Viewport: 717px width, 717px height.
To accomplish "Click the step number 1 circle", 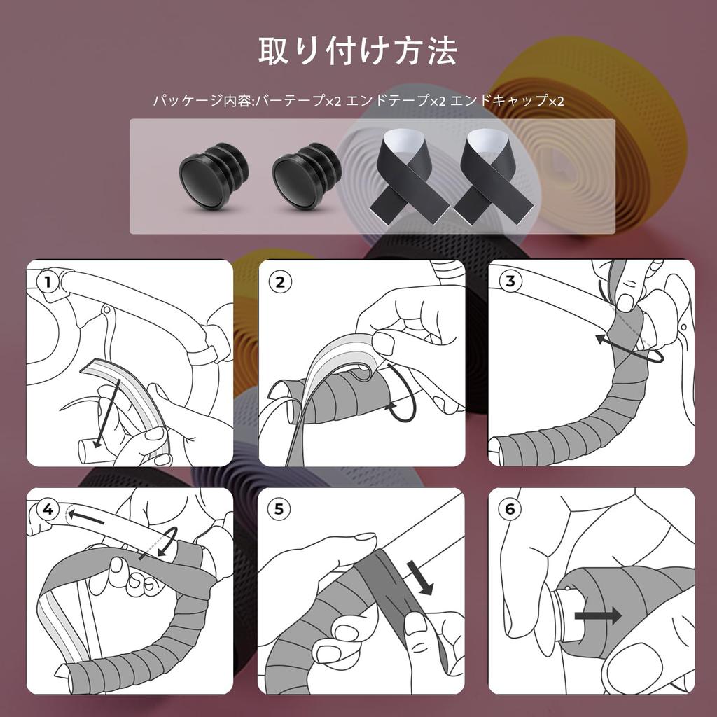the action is coord(48,282).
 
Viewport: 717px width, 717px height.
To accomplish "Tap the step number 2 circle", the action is coord(280,282).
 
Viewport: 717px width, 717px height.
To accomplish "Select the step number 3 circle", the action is coord(510,281).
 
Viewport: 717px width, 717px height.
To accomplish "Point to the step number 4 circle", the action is coord(48,510).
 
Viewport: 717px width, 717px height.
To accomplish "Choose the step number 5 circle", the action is coord(279,509).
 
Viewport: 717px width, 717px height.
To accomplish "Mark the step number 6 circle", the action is coord(510,509).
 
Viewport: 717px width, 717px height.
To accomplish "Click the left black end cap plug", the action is coord(214,176).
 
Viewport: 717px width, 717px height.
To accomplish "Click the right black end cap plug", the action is coord(307,176).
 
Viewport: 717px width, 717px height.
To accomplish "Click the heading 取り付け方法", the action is coord(358,50).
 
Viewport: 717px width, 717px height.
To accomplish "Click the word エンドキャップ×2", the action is coord(507,101).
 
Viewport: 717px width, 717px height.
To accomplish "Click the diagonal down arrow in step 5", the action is coord(419,578).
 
